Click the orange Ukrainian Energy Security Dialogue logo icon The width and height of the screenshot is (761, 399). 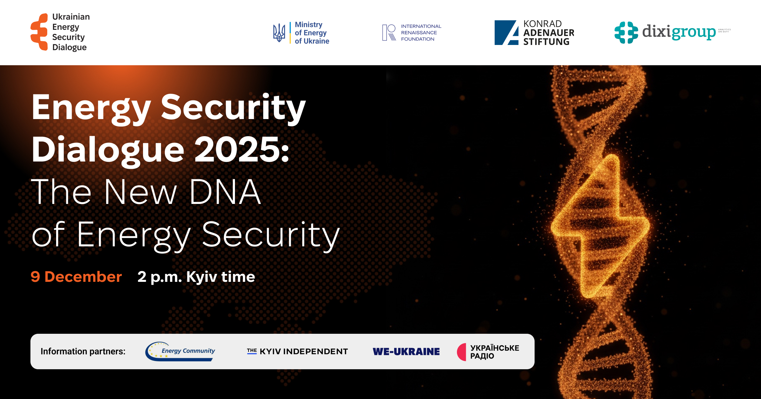tap(39, 32)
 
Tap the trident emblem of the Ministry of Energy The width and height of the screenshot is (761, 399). tap(279, 33)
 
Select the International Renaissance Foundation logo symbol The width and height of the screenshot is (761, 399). tap(389, 33)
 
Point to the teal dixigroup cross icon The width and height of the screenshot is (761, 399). tap(626, 32)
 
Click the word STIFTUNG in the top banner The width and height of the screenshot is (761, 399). tap(546, 42)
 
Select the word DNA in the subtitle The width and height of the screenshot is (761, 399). tap(225, 192)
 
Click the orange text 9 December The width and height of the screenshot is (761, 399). tap(76, 277)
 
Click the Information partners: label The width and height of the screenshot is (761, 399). tap(83, 351)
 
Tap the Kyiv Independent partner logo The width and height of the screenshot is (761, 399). tap(297, 351)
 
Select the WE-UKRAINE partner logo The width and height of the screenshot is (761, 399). tap(406, 351)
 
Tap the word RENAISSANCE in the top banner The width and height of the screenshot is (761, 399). tap(419, 33)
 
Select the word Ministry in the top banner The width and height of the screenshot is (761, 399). tap(309, 25)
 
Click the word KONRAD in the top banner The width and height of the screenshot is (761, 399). tap(543, 24)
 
